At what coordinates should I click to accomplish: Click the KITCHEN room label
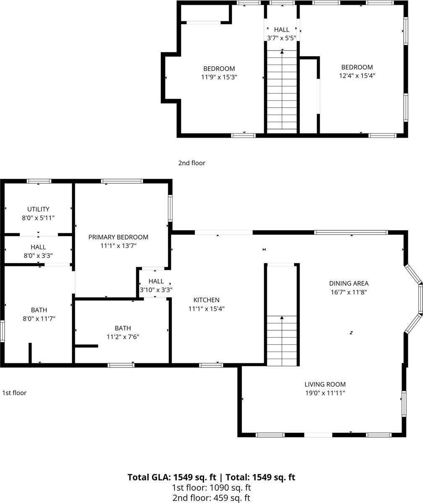pyautogui.click(x=206, y=300)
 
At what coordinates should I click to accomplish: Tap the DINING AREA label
pyautogui.click(x=349, y=283)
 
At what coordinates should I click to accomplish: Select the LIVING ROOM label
pyautogui.click(x=325, y=384)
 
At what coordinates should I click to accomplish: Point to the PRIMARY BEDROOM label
pyautogui.click(x=118, y=237)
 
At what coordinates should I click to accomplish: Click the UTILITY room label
pyautogui.click(x=38, y=209)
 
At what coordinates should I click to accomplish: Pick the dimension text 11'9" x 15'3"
pyautogui.click(x=219, y=77)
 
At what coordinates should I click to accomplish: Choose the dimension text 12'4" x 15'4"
pyautogui.click(x=357, y=76)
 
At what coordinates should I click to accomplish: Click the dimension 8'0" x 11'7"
pyautogui.click(x=39, y=319)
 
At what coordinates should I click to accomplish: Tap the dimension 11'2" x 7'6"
pyautogui.click(x=123, y=336)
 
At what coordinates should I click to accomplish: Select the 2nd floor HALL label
pyautogui.click(x=281, y=30)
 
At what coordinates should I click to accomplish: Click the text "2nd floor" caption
pyautogui.click(x=192, y=163)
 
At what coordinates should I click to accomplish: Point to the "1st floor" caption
pyautogui.click(x=14, y=393)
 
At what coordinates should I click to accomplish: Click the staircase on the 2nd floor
pyautogui.click(x=282, y=90)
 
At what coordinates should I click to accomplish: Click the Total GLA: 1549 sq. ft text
pyautogui.click(x=172, y=477)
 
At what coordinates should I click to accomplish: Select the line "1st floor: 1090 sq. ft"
pyautogui.click(x=211, y=487)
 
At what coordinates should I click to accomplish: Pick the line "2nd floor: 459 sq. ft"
pyautogui.click(x=211, y=498)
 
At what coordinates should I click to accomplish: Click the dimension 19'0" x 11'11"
pyautogui.click(x=325, y=393)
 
